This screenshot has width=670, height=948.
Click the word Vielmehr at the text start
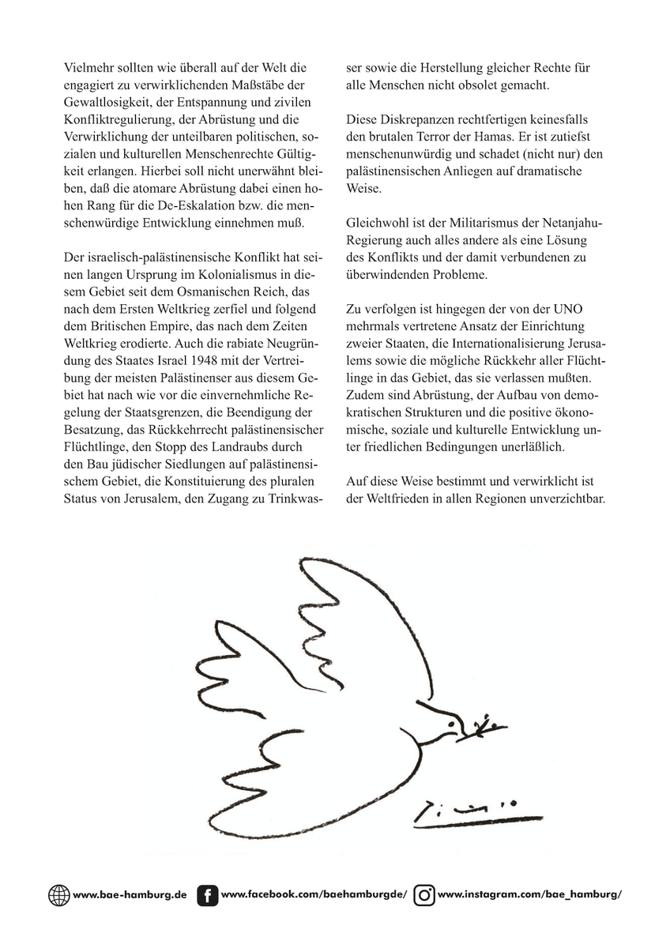tap(91, 69)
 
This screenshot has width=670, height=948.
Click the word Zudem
tap(365, 412)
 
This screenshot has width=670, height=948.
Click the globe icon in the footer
tap(58, 895)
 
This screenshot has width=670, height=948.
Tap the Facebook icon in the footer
tap(207, 895)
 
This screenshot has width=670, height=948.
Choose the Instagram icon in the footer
tap(424, 895)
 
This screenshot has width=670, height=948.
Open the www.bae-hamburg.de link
tap(130, 895)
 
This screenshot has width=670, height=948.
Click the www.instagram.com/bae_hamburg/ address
tap(529, 895)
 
